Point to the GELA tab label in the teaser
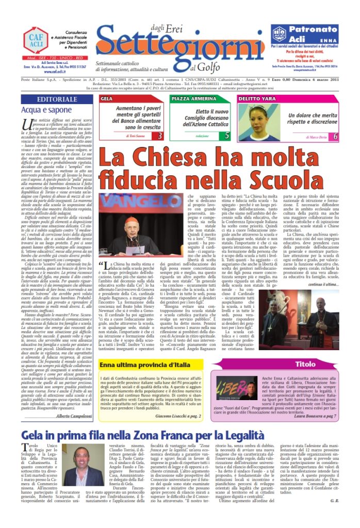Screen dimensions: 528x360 point(107,98)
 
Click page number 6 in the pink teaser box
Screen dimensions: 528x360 point(335,136)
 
